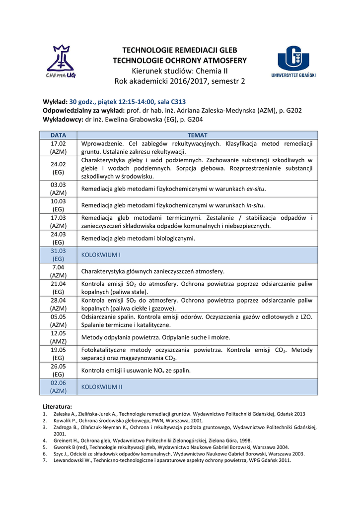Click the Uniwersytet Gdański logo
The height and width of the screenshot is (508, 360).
click(x=295, y=62)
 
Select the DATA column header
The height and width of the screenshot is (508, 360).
click(x=58, y=135)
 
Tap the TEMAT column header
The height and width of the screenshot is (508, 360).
click(x=197, y=135)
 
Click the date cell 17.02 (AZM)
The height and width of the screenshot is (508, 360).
click(x=58, y=147)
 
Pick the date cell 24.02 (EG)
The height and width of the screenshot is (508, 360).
click(x=58, y=168)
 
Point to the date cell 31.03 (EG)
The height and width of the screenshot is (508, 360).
click(x=58, y=254)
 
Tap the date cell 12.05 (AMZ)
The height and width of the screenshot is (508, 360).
click(x=58, y=337)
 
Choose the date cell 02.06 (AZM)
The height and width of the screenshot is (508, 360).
click(x=58, y=386)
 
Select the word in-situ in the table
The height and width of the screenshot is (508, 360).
click(x=255, y=205)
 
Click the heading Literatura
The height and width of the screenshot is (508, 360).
click(x=58, y=406)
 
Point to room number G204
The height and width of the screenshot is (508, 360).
click(x=193, y=120)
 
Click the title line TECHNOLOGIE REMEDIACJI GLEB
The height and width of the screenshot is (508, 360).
click(x=180, y=51)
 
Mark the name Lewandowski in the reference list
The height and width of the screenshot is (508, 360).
click(x=70, y=460)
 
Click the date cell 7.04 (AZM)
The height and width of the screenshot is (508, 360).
click(x=58, y=271)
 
